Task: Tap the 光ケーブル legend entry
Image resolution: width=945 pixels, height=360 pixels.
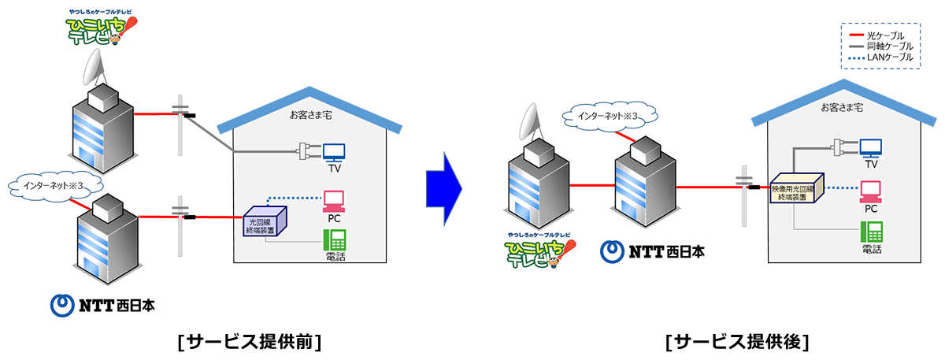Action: [x=880, y=36]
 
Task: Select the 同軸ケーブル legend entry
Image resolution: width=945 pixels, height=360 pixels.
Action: [x=880, y=47]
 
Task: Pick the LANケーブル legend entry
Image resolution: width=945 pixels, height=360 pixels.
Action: [x=880, y=58]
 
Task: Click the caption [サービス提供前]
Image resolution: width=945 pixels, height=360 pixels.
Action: [x=251, y=342]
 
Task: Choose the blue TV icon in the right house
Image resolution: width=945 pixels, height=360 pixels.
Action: [x=871, y=147]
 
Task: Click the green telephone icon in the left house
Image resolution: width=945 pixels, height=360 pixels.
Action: [x=335, y=239]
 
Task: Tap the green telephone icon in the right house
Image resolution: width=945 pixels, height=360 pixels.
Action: [x=871, y=231]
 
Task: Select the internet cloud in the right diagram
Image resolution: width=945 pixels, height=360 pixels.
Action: [x=607, y=117]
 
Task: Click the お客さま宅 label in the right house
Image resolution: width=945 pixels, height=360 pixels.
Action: [x=840, y=107]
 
